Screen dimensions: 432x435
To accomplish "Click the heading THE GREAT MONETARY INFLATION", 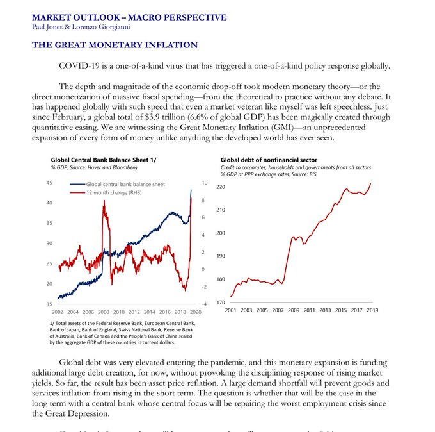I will click(x=115, y=45).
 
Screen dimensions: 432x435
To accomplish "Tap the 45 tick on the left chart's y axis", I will click(x=49, y=183).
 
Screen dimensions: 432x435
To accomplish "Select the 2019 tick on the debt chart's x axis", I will click(x=371, y=310).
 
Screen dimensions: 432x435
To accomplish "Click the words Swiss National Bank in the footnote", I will click(x=139, y=330).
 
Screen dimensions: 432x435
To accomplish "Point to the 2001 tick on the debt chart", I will click(x=230, y=310).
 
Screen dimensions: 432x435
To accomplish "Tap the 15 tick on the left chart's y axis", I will click(x=49, y=304).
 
